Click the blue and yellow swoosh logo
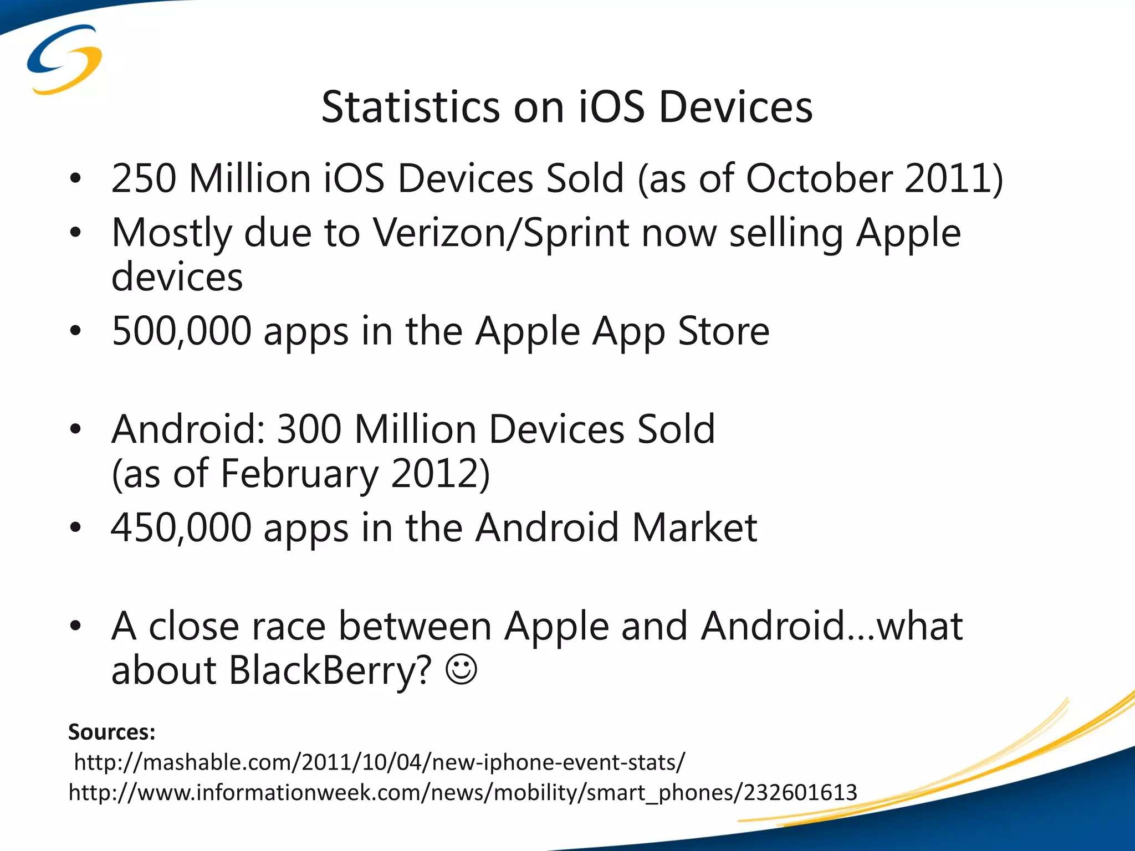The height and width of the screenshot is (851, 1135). coord(64,59)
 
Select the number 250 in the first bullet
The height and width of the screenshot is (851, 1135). coord(144,178)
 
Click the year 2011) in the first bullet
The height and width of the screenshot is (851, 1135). coord(953,178)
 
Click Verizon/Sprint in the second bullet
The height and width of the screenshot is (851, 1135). coord(501,233)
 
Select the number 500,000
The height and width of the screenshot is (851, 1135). coord(181,331)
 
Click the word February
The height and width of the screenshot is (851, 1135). coord(299,474)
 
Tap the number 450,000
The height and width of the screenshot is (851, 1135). coord(181,527)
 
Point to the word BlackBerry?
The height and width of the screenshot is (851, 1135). coord(330,670)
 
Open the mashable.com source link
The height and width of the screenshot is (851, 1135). coord(380,763)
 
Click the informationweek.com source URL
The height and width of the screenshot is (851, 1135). coord(463,793)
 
